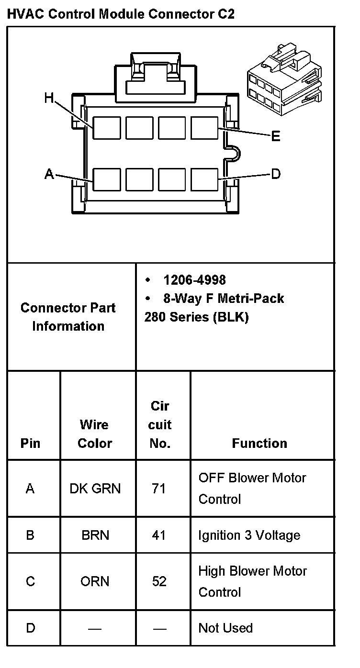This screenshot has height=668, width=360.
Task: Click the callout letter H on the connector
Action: click(x=49, y=98)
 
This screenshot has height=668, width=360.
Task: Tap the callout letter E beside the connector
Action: click(x=276, y=137)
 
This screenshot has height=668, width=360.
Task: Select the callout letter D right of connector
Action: click(x=276, y=174)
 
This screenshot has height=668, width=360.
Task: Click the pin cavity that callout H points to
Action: click(x=106, y=128)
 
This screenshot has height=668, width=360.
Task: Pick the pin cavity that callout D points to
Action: click(x=204, y=179)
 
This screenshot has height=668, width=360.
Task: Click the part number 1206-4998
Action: click(x=194, y=280)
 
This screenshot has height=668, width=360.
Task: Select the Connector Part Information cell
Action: click(x=68, y=317)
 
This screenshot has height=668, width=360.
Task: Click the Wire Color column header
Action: click(x=95, y=434)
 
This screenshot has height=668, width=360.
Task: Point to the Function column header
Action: click(x=259, y=444)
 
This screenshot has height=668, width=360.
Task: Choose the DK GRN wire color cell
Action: click(x=95, y=489)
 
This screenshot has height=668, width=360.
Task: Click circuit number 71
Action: click(x=159, y=489)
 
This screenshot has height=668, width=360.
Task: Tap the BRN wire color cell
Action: click(x=95, y=535)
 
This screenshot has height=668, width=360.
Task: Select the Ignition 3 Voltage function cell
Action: click(x=249, y=535)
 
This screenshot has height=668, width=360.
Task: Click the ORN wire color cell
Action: click(x=95, y=581)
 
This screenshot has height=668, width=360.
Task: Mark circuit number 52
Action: click(x=159, y=581)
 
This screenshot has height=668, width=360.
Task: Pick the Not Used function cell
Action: click(x=225, y=628)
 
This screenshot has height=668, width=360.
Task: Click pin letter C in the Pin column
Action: click(x=30, y=581)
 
